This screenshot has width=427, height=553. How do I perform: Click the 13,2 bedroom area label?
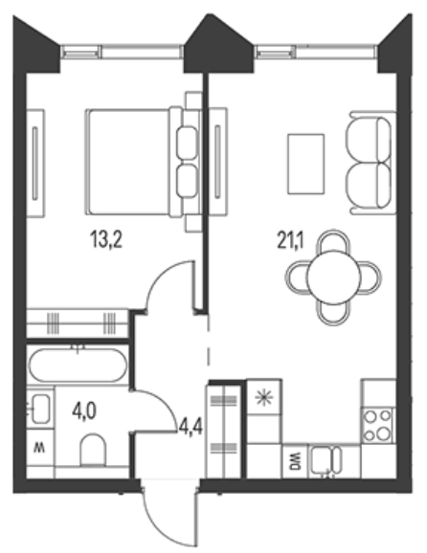[x=106, y=239]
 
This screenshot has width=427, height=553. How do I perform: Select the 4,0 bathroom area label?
[x=84, y=411]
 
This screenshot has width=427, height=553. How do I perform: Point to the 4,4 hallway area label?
[x=191, y=428]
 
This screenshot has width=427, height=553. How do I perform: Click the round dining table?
[x=333, y=277]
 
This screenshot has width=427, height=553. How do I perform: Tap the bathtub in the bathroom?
[x=78, y=365]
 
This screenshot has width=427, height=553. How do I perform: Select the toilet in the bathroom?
[x=93, y=451]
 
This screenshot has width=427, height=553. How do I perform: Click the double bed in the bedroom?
[x=141, y=162]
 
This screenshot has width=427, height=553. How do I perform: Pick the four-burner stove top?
[x=378, y=426]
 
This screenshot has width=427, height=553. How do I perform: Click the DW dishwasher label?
[x=295, y=461]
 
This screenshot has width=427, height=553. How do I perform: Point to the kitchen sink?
[x=326, y=460]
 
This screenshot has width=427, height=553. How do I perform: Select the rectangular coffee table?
[x=306, y=164]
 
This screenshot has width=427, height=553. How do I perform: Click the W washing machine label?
[x=39, y=449]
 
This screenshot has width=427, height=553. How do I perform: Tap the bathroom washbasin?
[x=40, y=409]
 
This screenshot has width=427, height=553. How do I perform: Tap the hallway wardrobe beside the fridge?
[x=224, y=431]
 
